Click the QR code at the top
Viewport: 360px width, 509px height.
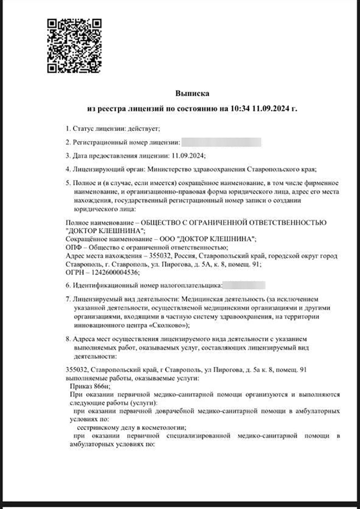pos(74,45)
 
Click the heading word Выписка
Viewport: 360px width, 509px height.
pos(192,93)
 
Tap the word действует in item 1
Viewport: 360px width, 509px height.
pos(146,128)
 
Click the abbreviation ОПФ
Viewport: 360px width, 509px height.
pos(75,247)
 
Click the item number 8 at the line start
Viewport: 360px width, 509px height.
pos(67,340)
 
